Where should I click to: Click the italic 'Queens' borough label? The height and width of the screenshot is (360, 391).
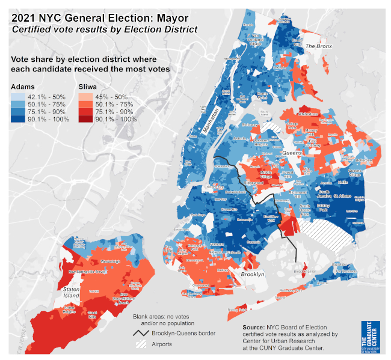point(292,154)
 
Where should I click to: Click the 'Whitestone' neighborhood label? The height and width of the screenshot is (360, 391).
point(308,113)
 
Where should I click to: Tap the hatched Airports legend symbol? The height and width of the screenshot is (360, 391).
point(143,344)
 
